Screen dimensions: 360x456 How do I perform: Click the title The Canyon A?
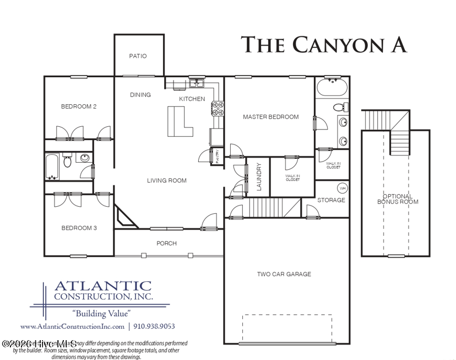324,45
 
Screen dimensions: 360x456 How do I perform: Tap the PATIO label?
138,56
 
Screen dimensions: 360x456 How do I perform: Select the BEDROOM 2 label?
79,106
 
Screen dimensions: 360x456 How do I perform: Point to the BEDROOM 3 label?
79,228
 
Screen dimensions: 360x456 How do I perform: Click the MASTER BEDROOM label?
271,117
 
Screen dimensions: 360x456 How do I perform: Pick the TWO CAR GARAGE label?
284,274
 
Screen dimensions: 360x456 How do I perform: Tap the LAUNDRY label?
259,177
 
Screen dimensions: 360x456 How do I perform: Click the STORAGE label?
331,200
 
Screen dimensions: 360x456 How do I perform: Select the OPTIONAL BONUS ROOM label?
397,199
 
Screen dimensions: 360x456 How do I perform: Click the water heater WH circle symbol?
341,187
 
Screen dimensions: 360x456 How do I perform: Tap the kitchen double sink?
197,84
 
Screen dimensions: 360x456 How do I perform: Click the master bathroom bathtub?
332,88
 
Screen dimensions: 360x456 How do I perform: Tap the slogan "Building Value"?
101,313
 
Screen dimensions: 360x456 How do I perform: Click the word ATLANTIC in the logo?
102,286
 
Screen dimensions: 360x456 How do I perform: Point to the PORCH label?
166,243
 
